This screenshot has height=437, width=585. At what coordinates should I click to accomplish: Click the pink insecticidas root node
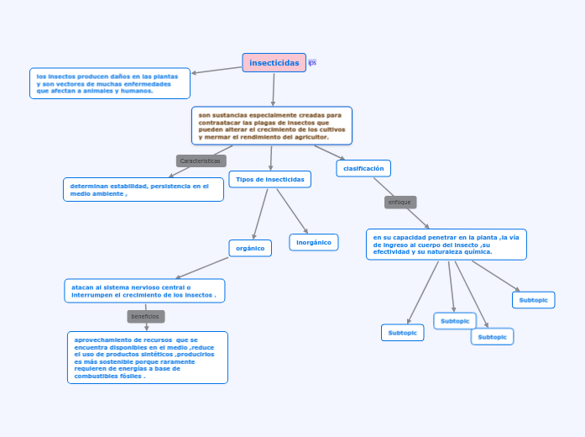(274, 63)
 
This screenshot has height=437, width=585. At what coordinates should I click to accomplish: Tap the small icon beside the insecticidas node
(312, 63)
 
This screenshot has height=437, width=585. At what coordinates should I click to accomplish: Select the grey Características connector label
(201, 161)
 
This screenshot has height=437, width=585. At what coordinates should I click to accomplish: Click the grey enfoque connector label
(400, 203)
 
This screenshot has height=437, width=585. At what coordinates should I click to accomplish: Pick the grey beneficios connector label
(146, 317)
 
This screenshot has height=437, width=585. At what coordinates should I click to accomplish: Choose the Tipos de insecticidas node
(269, 179)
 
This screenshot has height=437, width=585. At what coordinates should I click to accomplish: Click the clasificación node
(363, 168)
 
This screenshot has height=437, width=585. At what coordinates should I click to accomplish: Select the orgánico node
(250, 248)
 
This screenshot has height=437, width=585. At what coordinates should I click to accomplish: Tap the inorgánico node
(314, 242)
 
